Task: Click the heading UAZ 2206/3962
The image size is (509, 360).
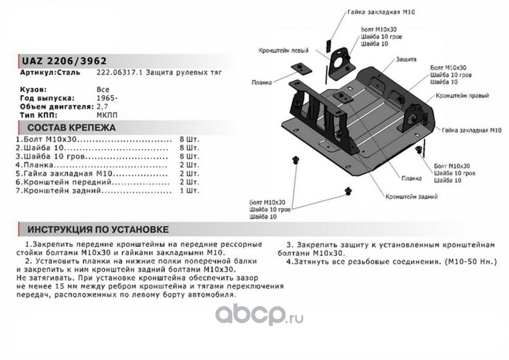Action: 63,61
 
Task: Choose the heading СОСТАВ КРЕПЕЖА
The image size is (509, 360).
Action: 71,127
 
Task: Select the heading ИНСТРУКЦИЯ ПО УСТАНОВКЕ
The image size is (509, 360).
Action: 98,229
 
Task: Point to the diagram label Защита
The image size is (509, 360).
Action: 406,59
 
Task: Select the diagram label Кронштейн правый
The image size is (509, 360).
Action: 462,96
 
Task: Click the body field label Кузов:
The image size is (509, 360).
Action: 33,90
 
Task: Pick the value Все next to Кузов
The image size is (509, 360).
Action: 103,90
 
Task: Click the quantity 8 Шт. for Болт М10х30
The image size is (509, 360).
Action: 189,139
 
